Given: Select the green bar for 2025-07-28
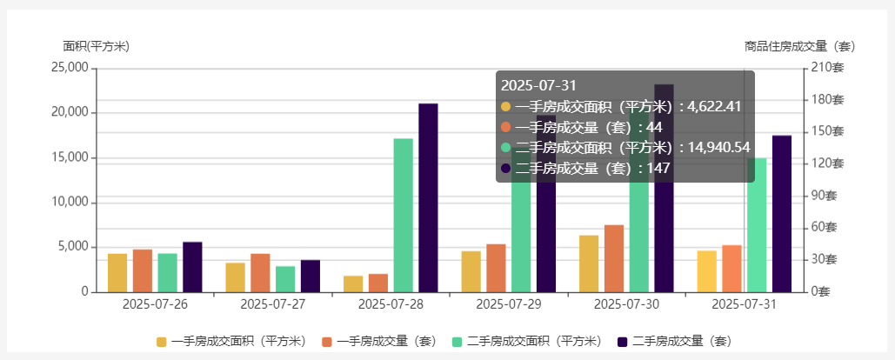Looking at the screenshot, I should click(403, 215).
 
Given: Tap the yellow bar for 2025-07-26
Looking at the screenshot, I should click(117, 272).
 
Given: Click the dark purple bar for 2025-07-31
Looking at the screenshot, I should click(782, 213).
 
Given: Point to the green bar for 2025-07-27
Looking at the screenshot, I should click(285, 278).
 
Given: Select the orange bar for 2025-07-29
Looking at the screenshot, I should click(496, 268).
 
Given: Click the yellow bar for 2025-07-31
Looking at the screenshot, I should click(706, 270).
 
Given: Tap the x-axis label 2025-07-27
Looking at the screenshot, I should click(273, 304).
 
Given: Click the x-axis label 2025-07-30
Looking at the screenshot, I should click(626, 304).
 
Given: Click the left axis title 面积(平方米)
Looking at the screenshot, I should click(96, 46).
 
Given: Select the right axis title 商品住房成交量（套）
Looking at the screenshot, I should click(800, 46).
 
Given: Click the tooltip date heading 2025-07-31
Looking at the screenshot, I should click(538, 85).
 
